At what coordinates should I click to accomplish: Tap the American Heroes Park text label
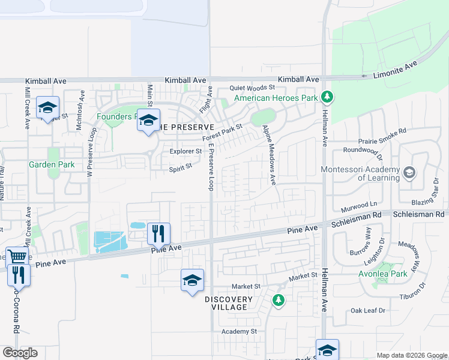point(275,98)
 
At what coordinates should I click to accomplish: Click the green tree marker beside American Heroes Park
point(327,97)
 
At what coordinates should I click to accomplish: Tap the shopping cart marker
point(17,257)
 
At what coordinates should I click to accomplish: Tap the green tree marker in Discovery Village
point(278,300)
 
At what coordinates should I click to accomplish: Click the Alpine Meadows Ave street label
point(268,154)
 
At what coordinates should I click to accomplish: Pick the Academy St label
point(238,331)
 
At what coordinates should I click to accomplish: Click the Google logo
point(20,353)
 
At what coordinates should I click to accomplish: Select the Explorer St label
point(185,152)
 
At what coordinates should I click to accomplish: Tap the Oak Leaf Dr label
point(368,311)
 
